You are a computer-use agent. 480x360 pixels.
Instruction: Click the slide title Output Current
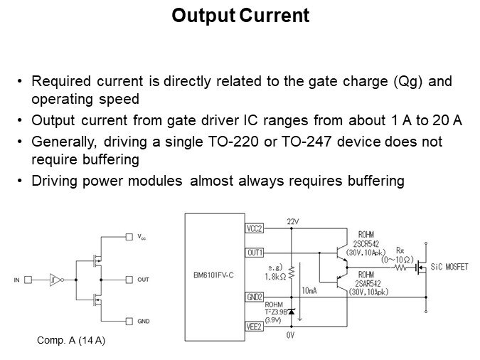click(240, 16)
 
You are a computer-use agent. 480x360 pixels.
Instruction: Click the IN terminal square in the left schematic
click(30, 280)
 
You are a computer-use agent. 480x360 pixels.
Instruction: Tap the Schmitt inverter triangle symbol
click(55, 280)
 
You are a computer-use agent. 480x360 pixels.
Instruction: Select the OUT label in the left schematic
click(142, 280)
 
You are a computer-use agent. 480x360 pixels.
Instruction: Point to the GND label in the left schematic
click(143, 321)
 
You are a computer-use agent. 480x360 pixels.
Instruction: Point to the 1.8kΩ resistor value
click(275, 275)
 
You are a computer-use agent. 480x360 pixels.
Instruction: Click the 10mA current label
click(309, 291)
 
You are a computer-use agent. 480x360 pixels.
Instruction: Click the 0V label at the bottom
click(290, 334)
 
